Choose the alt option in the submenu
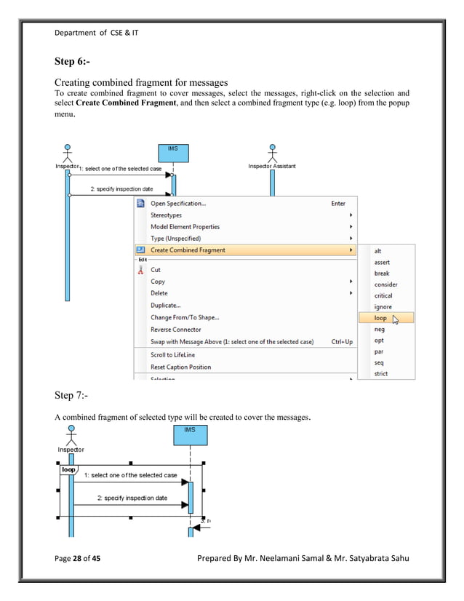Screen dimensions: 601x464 pos(378,250)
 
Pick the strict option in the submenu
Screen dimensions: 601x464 pos(381,374)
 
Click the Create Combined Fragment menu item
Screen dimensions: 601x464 pos(188,250)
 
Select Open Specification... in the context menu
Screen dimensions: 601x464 pos(177,204)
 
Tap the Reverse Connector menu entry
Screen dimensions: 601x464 pos(176,330)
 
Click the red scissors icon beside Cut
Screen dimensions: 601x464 pos(141,270)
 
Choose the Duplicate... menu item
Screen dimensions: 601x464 pos(166,306)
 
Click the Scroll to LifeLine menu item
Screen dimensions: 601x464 pos(172,355)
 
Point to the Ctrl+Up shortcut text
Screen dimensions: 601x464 pos(342,341)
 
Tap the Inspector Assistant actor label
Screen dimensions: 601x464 pos(272,167)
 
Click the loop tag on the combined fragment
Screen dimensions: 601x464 pos(68,470)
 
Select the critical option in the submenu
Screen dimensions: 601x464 pos(383,296)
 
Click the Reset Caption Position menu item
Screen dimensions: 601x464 pos(180,367)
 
